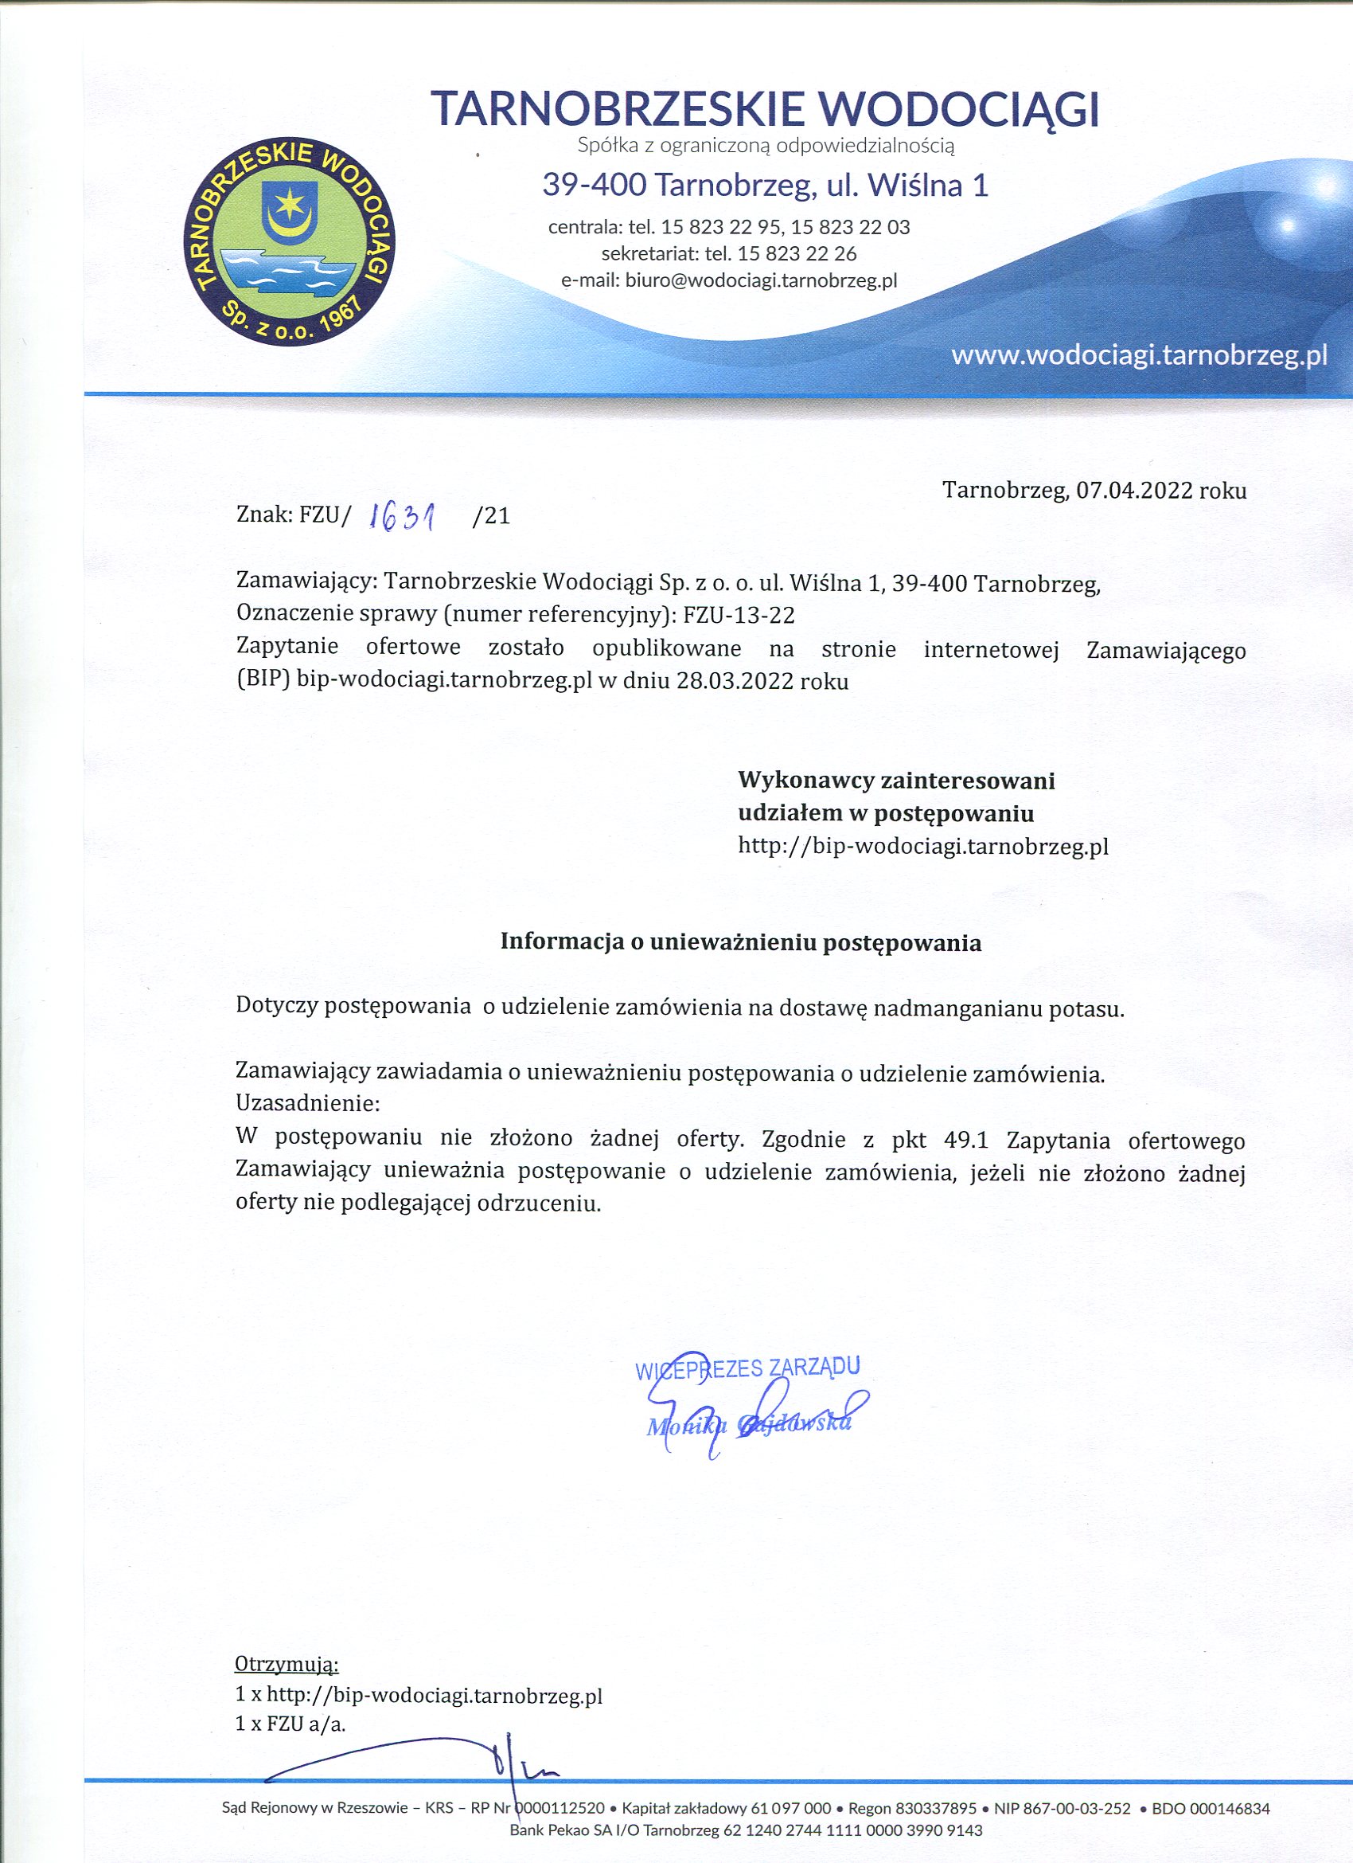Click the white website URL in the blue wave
click(1139, 356)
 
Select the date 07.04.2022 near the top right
click(1134, 491)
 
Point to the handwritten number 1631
click(402, 516)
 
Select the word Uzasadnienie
click(307, 1102)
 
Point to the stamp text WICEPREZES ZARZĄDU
click(747, 1367)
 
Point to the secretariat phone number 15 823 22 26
click(797, 253)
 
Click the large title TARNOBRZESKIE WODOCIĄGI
click(764, 110)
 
